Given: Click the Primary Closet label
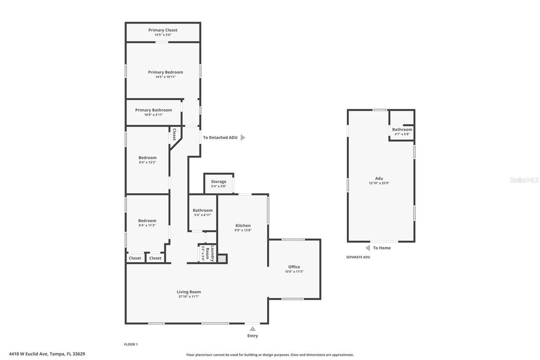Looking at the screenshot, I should pos(163,30).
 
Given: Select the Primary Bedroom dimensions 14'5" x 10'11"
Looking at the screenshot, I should pos(165,77).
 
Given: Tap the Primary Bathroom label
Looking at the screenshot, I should pos(154,110).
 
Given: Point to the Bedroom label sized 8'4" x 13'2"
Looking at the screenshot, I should pos(148,158).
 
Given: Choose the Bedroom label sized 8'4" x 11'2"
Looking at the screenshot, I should pos(147,221).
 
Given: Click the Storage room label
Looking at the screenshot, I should pos(219,181).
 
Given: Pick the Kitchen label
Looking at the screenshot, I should pos(243,226).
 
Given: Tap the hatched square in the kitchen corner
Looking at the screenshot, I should pos(222,259).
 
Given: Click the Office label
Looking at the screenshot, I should pos(294,267).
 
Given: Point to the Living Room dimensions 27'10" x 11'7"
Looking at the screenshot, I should pos(189,297).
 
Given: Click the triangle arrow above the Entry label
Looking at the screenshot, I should pos(252,329).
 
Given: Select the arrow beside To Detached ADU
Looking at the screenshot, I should pos(243,138).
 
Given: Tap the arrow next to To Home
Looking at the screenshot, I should pos(368,248).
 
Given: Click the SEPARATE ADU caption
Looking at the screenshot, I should pos(358,257).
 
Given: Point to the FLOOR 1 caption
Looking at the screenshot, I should pos(131,344).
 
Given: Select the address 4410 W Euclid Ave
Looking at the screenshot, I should pos(47,354).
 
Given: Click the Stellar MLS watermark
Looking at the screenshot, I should pos(524,180).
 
